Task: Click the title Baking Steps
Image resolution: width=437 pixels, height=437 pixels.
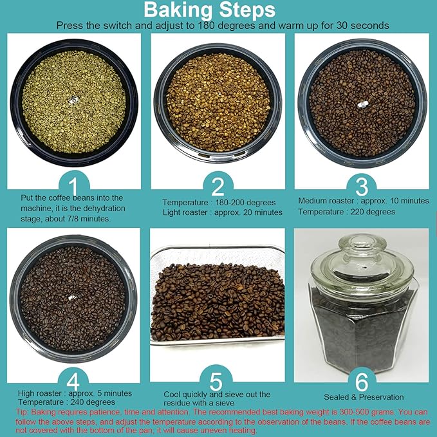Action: pos(210,10)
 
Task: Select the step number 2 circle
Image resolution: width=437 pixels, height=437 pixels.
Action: pos(218,186)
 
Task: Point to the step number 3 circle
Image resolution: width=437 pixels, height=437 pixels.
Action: pos(362,186)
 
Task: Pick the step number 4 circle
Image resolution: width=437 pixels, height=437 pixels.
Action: pos(73,381)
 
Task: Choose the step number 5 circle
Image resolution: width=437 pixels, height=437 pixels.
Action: pos(216,380)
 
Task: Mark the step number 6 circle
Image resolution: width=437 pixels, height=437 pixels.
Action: pos(362,381)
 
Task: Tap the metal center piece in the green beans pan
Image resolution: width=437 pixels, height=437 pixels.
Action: pos(73,100)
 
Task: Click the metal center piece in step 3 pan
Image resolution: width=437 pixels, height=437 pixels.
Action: pos(363,104)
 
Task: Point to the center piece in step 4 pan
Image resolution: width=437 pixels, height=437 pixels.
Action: pos(72,298)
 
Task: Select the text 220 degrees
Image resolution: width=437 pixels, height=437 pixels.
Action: pos(373,212)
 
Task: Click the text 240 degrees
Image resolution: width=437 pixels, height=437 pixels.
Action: pos(93,402)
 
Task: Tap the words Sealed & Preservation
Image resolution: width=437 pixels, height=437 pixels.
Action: pos(364,397)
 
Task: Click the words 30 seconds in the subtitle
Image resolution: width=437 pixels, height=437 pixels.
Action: pos(362,26)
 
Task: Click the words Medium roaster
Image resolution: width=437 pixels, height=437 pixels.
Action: pos(326,201)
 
